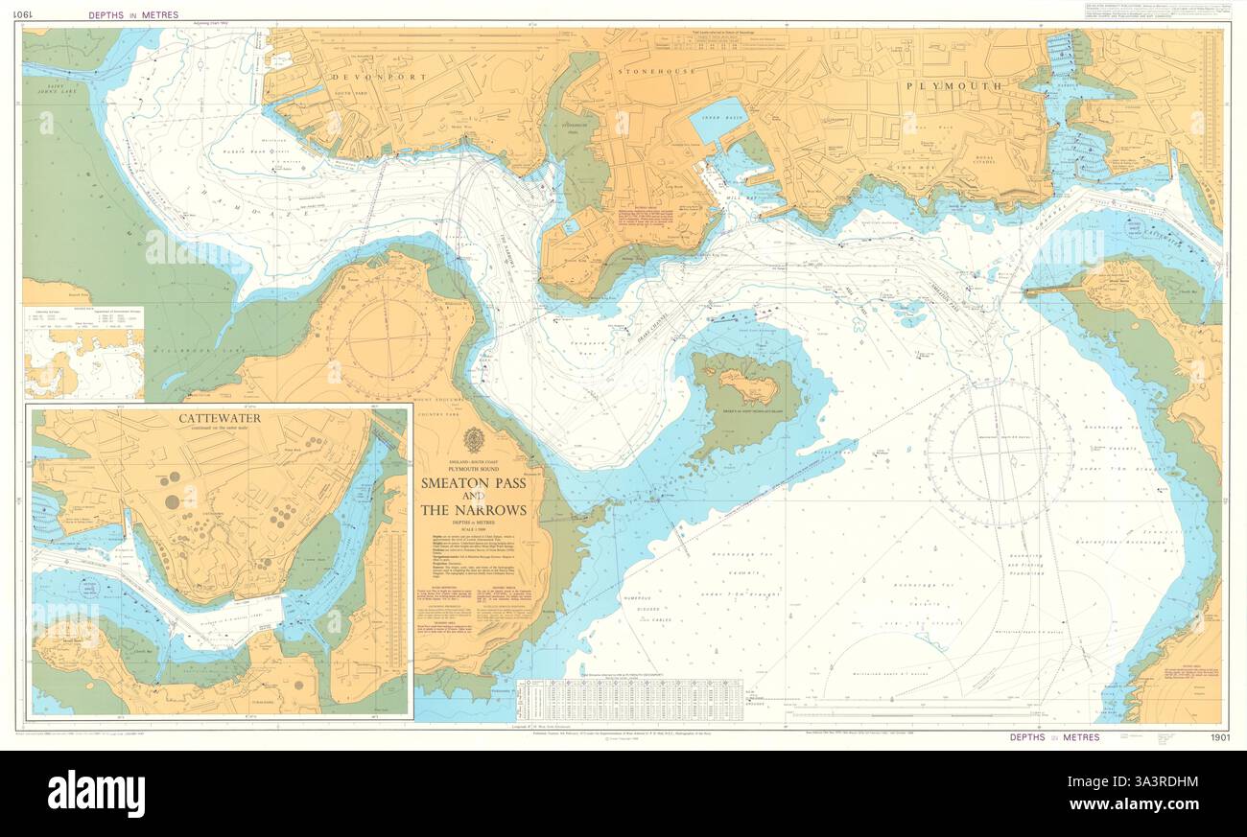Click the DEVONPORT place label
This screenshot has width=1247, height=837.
[x=371, y=76]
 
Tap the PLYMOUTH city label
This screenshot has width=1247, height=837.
[x=954, y=85]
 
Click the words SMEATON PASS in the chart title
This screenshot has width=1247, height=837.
[x=473, y=484]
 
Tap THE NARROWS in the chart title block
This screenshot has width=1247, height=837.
[x=473, y=510]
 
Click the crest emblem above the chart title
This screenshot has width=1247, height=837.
[x=473, y=440]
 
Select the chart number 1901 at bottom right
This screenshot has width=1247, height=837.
[x=1219, y=737]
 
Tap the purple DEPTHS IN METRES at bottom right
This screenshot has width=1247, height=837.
[x=1054, y=737]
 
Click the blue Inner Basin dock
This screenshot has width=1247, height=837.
[x=717, y=120]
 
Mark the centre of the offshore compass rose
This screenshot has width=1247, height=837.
[x=999, y=453]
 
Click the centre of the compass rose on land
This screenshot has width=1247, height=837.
[x=388, y=337]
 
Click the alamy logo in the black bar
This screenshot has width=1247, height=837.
[x=96, y=794]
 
